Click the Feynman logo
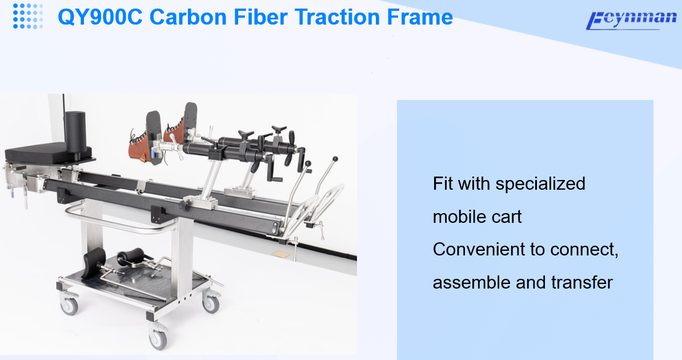click(631, 20)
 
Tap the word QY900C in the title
click(100, 17)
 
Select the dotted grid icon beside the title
click(28, 16)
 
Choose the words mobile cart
click(477, 217)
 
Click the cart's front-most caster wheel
click(158, 338)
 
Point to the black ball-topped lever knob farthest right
click(335, 159)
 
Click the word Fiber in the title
click(260, 17)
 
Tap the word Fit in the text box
click(442, 183)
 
